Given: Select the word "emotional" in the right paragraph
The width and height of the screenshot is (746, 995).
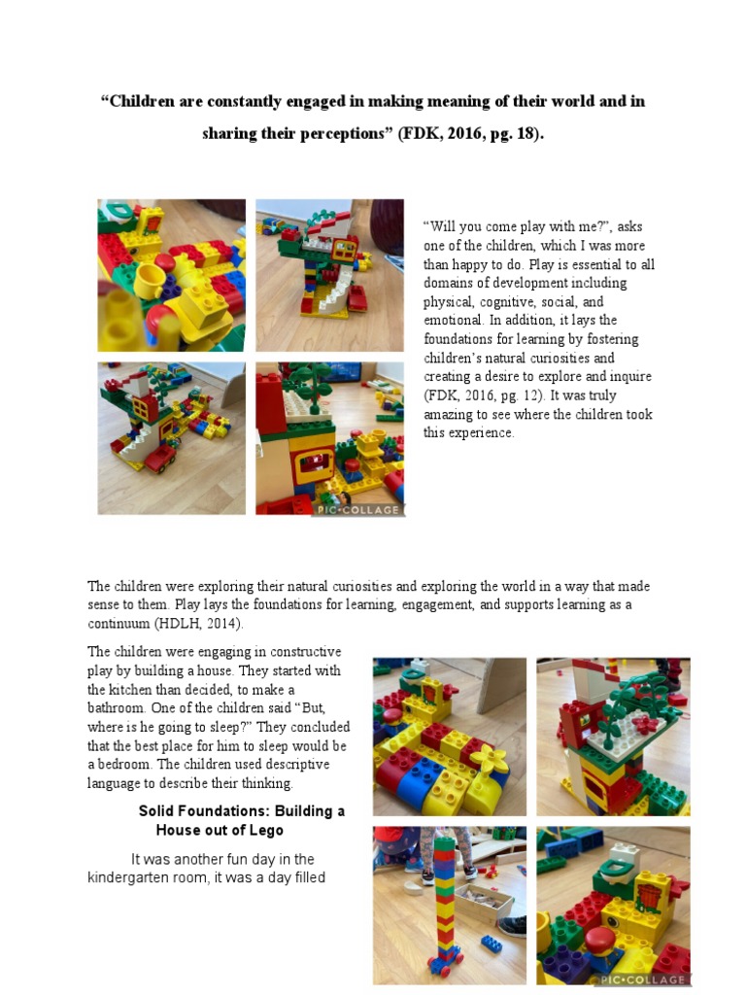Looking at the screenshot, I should coord(453,321).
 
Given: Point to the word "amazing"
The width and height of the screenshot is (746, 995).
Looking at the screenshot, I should coord(450,414).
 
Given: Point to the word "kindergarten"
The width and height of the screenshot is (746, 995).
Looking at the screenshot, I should coord(130,878).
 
